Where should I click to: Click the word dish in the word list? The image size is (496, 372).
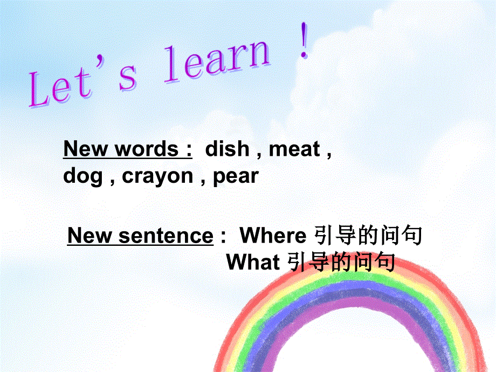click(x=227, y=149)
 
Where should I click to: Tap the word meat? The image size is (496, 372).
click(x=294, y=149)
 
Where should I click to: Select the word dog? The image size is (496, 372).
click(x=83, y=176)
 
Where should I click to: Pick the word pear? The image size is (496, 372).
click(x=236, y=176)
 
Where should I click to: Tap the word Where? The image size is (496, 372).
click(x=273, y=236)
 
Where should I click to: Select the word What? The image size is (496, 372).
click(x=253, y=263)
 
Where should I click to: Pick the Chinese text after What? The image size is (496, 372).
click(x=341, y=263)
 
